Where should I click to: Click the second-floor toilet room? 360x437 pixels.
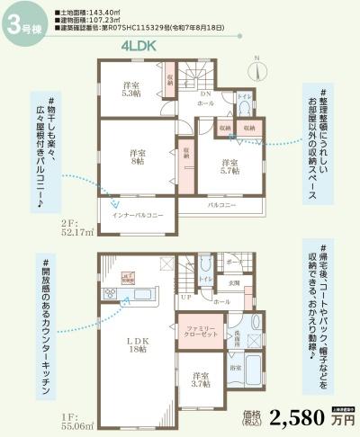coord(244,102)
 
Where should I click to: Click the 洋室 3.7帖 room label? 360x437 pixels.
coord(199,379)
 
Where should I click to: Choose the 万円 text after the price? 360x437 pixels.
coord(341,421)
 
